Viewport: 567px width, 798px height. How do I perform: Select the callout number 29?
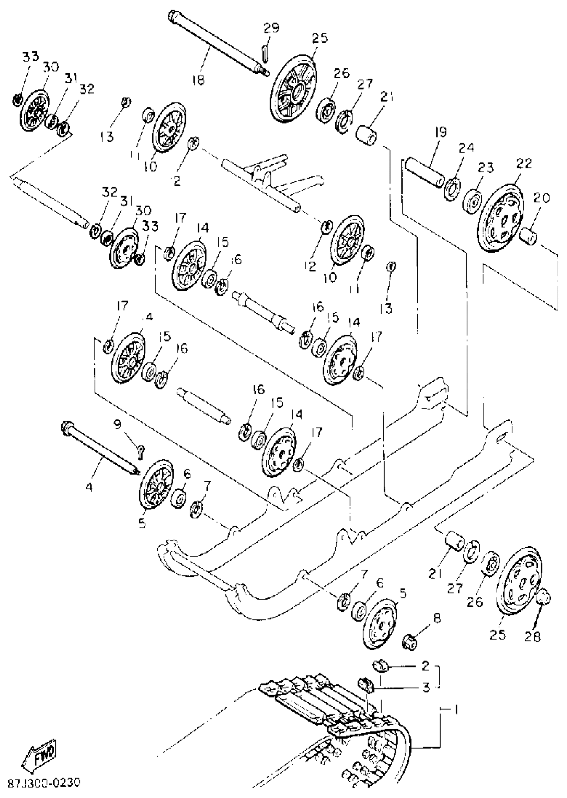coord(271,28)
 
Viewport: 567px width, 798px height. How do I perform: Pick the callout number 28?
coord(532,636)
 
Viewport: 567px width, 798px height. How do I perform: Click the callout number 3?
coord(426,688)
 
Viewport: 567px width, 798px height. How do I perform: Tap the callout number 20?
coord(541,199)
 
